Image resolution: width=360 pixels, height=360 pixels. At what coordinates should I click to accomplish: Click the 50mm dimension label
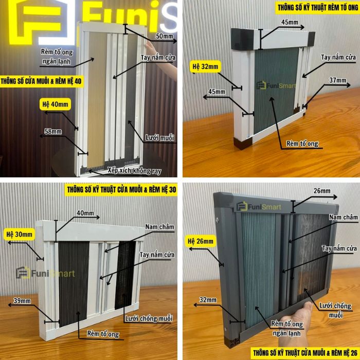coord(164,36)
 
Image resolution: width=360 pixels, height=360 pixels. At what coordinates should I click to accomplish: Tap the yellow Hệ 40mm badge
coord(56,104)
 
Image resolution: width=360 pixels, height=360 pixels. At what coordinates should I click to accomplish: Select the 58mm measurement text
coord(53,132)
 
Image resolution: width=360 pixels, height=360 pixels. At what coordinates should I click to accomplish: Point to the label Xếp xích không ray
coord(135,171)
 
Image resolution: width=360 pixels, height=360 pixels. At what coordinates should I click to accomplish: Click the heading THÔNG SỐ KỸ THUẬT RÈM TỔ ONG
coord(318,8)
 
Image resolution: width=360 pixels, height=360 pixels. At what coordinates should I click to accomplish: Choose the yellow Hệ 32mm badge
coord(205,66)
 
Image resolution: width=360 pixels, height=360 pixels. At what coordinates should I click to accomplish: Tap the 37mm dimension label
coord(337,80)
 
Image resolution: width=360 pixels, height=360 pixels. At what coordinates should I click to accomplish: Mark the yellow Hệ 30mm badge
coord(20,235)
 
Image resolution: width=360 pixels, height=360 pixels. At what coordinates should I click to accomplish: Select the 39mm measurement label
coord(22,300)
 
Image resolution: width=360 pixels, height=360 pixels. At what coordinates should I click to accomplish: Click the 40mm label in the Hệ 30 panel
coord(85,213)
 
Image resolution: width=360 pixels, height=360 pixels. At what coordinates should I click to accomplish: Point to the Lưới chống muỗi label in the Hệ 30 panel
coord(149,318)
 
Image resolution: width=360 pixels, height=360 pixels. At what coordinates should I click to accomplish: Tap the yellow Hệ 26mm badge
coord(201,241)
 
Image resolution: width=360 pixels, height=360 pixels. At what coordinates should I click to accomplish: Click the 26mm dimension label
coord(322,191)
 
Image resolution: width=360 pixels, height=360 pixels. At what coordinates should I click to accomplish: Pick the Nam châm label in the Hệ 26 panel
coord(344,217)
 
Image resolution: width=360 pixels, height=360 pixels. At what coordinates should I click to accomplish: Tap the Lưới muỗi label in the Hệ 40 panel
coord(159,138)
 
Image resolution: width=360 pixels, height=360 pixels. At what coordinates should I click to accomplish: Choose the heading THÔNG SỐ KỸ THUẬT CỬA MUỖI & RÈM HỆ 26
coord(305,353)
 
